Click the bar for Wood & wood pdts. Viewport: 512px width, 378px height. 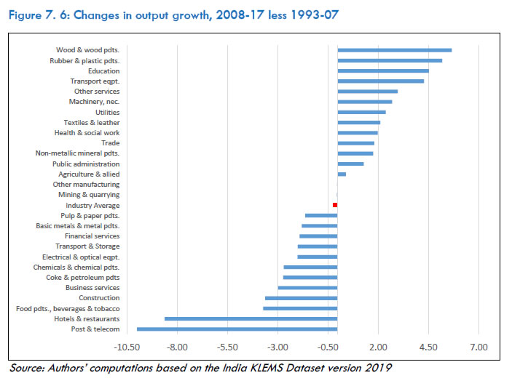394,50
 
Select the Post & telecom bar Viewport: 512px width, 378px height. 237,329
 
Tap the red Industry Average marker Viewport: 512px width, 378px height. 335,206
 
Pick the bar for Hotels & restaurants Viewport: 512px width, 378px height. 251,318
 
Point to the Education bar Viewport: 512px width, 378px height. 383,71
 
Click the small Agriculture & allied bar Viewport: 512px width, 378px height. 342,174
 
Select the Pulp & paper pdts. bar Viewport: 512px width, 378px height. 321,216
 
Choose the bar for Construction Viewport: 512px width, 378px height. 301,298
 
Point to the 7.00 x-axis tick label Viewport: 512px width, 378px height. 478,346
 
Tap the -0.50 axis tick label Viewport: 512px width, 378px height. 328,346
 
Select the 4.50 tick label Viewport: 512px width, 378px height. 428,346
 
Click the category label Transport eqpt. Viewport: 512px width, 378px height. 95,81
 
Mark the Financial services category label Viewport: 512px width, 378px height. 92,236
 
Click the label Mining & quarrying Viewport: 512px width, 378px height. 89,195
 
